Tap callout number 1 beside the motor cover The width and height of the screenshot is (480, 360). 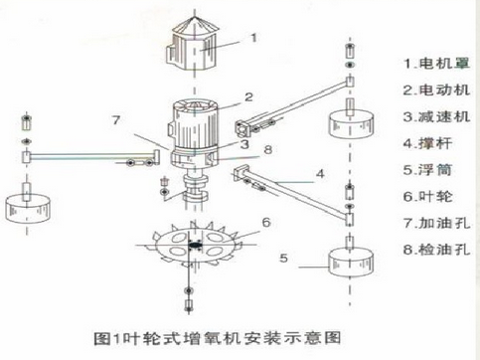pos(255,38)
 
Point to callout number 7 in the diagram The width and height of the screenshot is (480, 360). pos(115,120)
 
